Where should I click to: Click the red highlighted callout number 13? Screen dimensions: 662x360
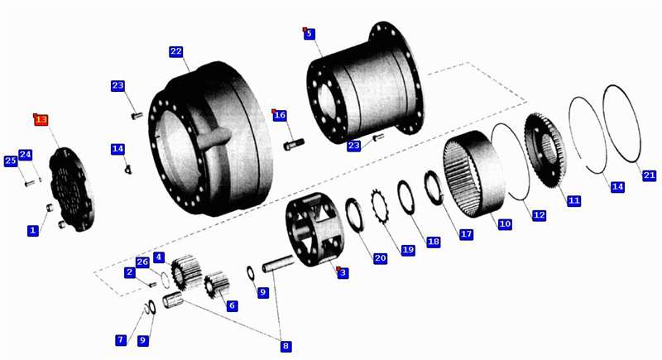[x=41, y=120]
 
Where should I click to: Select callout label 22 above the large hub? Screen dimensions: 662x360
[x=176, y=51]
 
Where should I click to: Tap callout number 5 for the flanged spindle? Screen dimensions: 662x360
[x=309, y=34]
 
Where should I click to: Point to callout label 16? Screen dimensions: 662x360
[x=280, y=115]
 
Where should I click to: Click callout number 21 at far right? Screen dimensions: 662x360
[x=650, y=175]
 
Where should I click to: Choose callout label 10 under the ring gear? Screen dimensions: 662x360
[x=505, y=223]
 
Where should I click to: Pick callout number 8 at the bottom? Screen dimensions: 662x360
[x=285, y=347]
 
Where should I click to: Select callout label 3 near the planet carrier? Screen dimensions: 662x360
[x=343, y=272]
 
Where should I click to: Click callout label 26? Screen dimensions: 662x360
[x=142, y=262]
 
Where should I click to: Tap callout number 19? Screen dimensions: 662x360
[x=407, y=250]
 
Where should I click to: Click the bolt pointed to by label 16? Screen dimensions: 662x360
[x=294, y=144]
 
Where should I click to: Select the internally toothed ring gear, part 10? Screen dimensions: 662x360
[x=474, y=174]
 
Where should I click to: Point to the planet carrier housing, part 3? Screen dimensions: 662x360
[x=314, y=229]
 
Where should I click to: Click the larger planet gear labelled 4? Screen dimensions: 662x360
[x=185, y=273]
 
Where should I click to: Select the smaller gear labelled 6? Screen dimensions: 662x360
[x=217, y=285]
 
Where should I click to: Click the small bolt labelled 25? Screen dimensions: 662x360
[x=30, y=184]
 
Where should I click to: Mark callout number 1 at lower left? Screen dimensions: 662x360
[x=32, y=230]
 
